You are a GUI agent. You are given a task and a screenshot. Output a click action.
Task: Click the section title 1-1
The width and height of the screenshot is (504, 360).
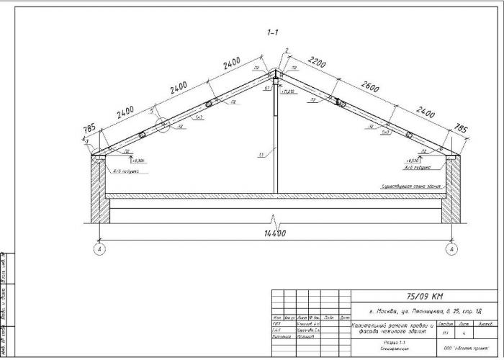tap(273, 32)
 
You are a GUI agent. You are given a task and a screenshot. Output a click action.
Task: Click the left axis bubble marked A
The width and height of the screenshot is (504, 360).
tap(98, 250)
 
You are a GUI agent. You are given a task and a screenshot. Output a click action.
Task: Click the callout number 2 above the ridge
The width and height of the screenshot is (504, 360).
tap(287, 50)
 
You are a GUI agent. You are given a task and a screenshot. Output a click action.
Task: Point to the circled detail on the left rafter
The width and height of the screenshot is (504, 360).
tap(164, 126)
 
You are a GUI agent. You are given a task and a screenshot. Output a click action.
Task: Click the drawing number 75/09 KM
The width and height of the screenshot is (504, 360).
tap(425, 297)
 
